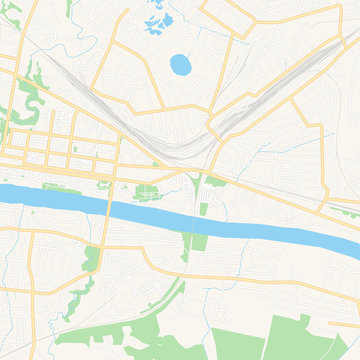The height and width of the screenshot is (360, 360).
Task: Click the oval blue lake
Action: pyautogui.click(x=181, y=65)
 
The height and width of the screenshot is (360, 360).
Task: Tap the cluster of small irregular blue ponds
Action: pyautogui.click(x=158, y=19)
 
